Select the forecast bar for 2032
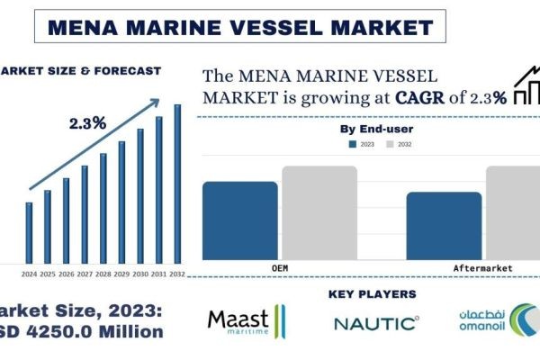[177, 184]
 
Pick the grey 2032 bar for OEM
[306, 212]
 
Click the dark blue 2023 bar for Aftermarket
[444, 225]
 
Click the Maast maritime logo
[246, 321]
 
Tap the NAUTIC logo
[375, 322]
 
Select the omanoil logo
[494, 321]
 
